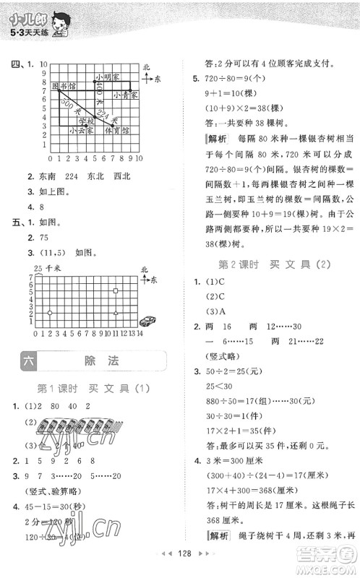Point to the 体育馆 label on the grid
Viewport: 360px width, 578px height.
click(116, 131)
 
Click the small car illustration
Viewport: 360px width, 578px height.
click(149, 319)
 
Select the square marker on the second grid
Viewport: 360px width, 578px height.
click(116, 290)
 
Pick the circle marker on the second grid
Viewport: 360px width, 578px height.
click(50, 312)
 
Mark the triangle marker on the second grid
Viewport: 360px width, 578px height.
click(116, 312)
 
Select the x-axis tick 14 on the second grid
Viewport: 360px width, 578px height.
click(140, 334)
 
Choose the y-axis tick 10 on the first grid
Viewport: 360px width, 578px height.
click(44, 64)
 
